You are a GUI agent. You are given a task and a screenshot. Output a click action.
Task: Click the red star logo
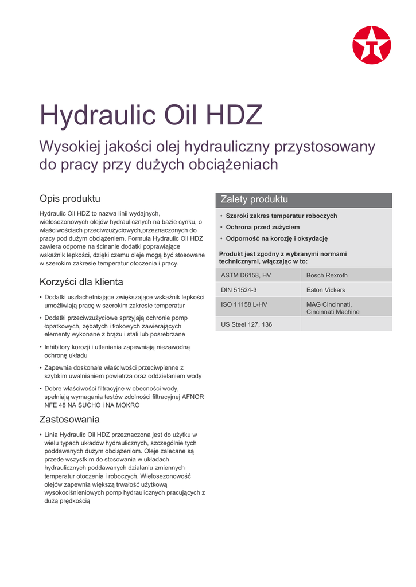371,45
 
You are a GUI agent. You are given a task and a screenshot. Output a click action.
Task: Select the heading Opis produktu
69,199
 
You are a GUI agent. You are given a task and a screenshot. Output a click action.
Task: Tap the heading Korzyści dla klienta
81,282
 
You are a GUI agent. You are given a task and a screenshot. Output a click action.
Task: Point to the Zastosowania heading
69,419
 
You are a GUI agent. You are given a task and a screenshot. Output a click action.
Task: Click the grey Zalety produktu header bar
304,200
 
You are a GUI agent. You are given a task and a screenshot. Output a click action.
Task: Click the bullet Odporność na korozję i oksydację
276,238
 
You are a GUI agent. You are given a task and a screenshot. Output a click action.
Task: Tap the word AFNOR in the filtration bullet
193,397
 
